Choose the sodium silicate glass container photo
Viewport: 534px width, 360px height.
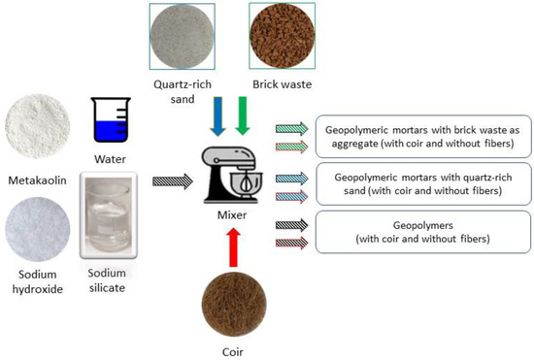[112, 215]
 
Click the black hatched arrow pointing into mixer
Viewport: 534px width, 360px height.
[178, 180]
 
